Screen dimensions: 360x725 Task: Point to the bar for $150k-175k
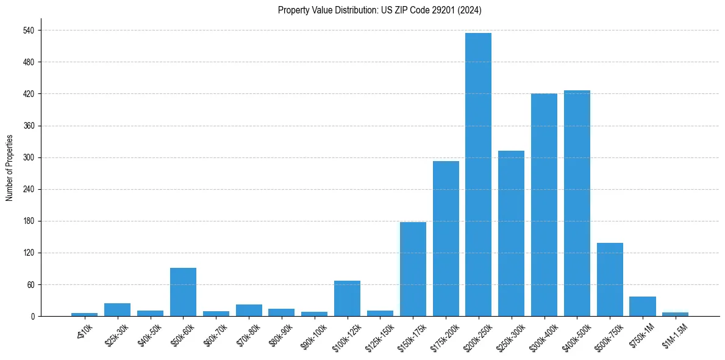pyautogui.click(x=413, y=269)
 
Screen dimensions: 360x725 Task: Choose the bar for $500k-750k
pyautogui.click(x=610, y=279)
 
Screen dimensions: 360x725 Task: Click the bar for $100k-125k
pyautogui.click(x=347, y=298)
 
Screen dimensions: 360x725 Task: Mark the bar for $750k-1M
pyautogui.click(x=643, y=306)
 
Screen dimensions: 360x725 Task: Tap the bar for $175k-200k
pyautogui.click(x=446, y=239)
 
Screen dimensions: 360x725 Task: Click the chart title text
pyautogui.click(x=380, y=10)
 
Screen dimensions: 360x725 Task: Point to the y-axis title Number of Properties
pyautogui.click(x=9, y=168)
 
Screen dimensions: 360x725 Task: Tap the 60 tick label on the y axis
pyautogui.click(x=30, y=284)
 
